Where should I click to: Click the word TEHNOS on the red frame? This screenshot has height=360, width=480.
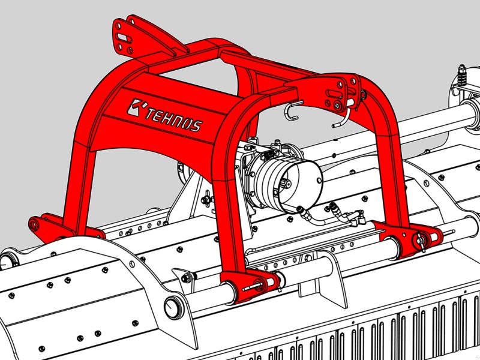(x=174, y=119)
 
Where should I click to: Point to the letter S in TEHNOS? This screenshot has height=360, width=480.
(x=196, y=126)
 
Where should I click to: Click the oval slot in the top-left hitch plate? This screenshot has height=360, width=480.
(x=124, y=38)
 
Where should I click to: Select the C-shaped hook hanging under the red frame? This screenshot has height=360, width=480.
(x=293, y=110)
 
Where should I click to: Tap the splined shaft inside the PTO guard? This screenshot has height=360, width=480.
(x=287, y=184)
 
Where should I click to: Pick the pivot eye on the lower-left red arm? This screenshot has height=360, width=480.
(x=34, y=224)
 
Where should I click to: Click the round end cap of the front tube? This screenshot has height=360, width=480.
(x=172, y=308)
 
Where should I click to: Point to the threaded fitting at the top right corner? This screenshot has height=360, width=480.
(x=462, y=76)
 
